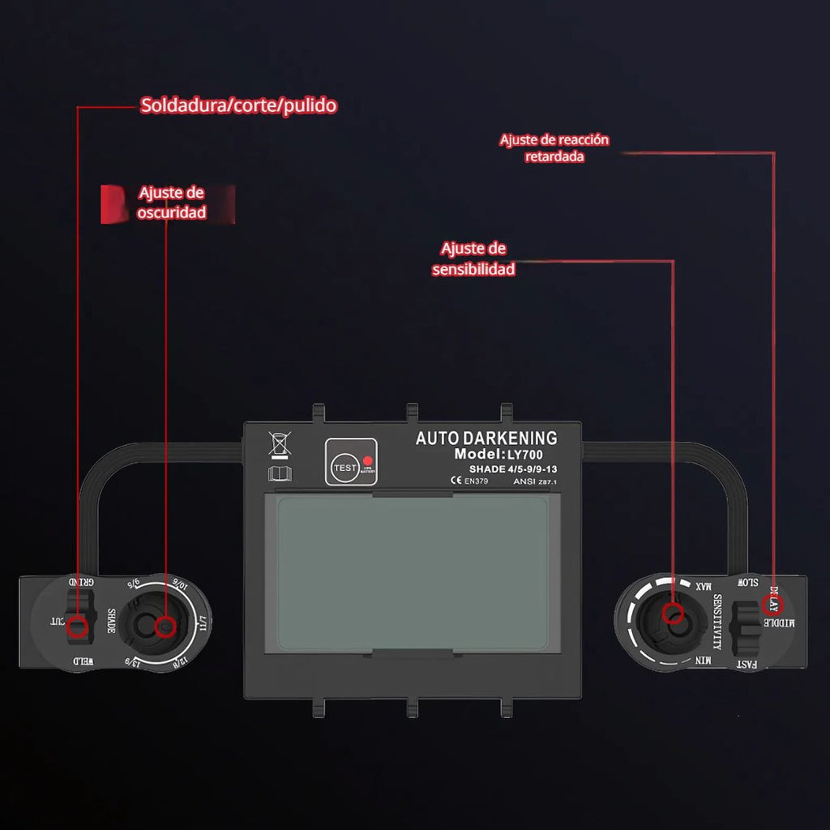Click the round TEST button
click(343, 468)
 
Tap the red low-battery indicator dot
click(366, 458)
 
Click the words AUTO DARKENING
click(486, 439)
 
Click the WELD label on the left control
click(82, 662)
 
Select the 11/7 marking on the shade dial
click(203, 622)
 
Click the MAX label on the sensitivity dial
click(702, 585)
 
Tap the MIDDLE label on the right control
click(790, 622)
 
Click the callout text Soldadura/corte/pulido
click(238, 105)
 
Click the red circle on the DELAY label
click(772, 604)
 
